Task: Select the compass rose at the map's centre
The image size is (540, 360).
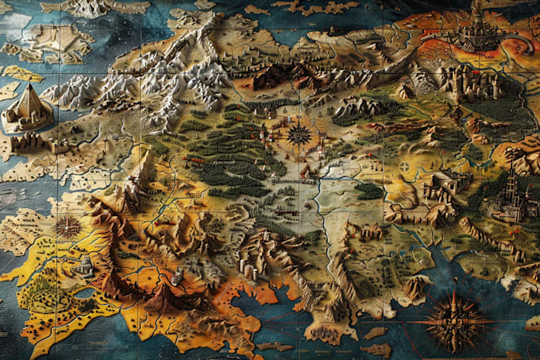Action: coord(299,133)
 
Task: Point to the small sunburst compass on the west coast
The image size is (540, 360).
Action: coord(67,226)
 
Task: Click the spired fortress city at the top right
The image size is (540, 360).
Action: coord(474,32)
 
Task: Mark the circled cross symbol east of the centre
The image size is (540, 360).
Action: coord(405,167)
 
